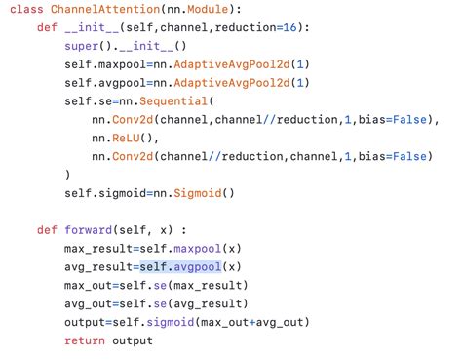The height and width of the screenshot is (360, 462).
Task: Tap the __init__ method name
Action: (89, 29)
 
